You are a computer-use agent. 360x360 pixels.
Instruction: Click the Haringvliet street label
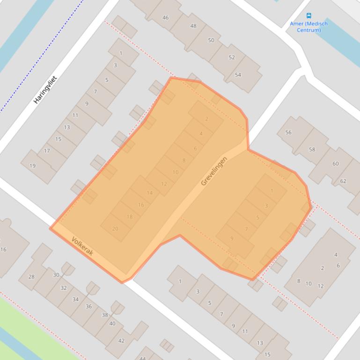point(45,90)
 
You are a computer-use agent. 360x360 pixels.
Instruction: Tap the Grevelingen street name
point(214,171)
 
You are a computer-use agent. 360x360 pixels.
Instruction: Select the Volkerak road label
point(82,246)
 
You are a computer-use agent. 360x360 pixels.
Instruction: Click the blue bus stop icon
point(309,15)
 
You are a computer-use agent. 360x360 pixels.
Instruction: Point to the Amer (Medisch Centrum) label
point(309,27)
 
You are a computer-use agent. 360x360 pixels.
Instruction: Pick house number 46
point(165,18)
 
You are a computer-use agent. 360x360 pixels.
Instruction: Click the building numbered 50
point(211,40)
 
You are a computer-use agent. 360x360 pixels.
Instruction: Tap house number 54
point(238,75)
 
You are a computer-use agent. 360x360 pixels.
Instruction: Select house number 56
point(288,132)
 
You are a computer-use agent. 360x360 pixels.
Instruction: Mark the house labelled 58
point(312,150)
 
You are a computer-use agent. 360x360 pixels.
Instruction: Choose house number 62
point(343,181)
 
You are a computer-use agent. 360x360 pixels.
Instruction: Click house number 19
point(32,166)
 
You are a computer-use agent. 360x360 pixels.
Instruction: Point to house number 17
point(47,151)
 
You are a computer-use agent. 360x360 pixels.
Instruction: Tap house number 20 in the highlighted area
point(115,229)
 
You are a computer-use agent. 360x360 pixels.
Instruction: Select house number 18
point(130,216)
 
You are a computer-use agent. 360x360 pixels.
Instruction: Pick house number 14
point(150,193)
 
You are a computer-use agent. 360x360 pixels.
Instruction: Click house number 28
point(31,276)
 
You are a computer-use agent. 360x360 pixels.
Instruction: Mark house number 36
point(88,306)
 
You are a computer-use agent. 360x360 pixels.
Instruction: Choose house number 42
point(121,340)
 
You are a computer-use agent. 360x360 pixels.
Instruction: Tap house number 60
point(335,164)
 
